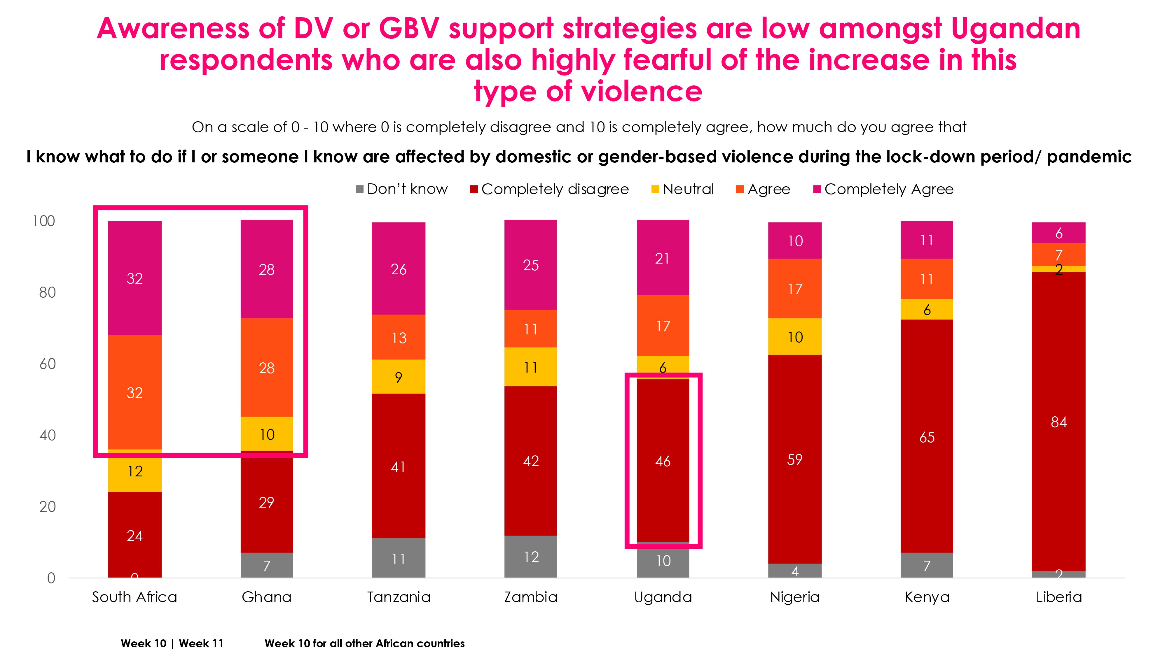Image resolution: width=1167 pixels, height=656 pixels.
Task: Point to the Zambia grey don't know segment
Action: [x=530, y=556]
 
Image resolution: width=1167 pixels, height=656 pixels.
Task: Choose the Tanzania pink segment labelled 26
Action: [x=398, y=269]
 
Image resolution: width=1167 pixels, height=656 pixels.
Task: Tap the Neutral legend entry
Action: [x=682, y=189]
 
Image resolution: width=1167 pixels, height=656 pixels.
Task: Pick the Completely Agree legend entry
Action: [x=883, y=189]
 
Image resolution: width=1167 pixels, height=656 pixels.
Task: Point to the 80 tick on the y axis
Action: [x=47, y=292]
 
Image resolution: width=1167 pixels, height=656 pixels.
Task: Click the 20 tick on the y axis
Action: [x=47, y=507]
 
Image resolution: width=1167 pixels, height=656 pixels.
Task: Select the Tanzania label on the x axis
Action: [x=398, y=597]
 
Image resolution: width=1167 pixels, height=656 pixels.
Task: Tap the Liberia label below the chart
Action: [x=1059, y=597]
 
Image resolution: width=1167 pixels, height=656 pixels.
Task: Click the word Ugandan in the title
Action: [x=1015, y=28]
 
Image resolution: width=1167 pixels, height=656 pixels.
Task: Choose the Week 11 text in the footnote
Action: [x=201, y=643]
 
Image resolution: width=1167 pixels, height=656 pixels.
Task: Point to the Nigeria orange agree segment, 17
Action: [x=795, y=288]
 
